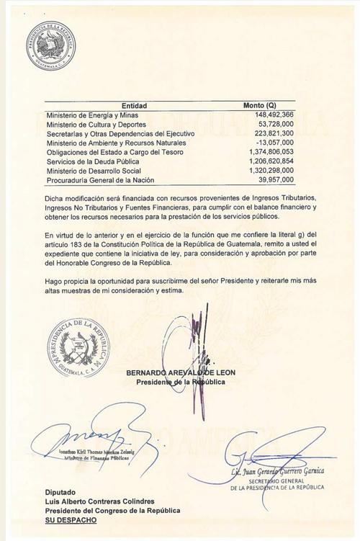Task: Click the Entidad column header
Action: tap(134, 106)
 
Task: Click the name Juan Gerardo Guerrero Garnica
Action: tap(277, 471)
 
